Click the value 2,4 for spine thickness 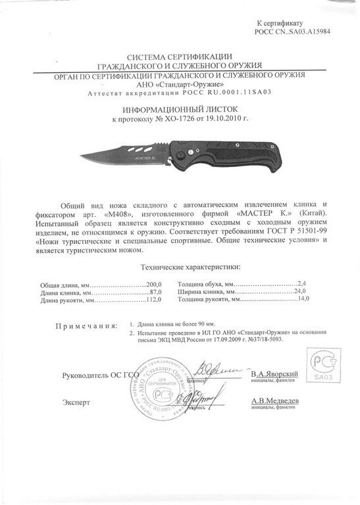point(303,283)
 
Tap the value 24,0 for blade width point(302,291)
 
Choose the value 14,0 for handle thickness point(303,299)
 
